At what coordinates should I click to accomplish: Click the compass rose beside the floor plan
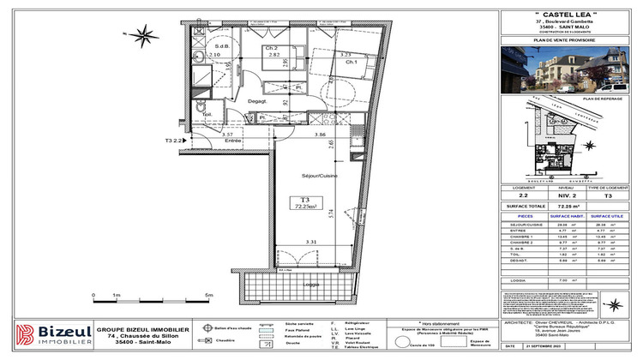tap(147, 36)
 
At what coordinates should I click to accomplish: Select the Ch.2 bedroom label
tap(271, 48)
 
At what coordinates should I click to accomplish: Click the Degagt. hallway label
tap(258, 101)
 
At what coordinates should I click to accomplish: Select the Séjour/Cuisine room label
tap(315, 176)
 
